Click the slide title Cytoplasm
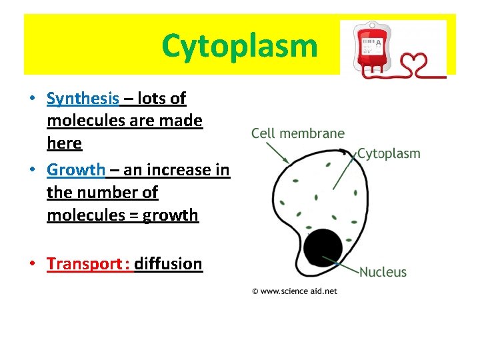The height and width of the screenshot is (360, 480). click(239, 47)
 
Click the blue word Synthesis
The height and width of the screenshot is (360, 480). click(83, 99)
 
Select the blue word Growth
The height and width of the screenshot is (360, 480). click(76, 170)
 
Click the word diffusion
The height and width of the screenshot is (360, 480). click(168, 264)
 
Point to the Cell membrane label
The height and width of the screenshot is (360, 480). click(298, 133)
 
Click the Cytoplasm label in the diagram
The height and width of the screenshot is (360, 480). click(389, 153)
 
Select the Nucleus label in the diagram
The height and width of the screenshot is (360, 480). click(383, 272)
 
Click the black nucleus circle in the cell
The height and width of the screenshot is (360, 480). click(323, 249)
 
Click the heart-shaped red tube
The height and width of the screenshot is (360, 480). click(425, 65)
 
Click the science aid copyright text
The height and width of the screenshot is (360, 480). click(295, 291)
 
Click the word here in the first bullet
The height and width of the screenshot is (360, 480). click(64, 144)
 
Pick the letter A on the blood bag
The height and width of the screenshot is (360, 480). click(379, 43)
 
